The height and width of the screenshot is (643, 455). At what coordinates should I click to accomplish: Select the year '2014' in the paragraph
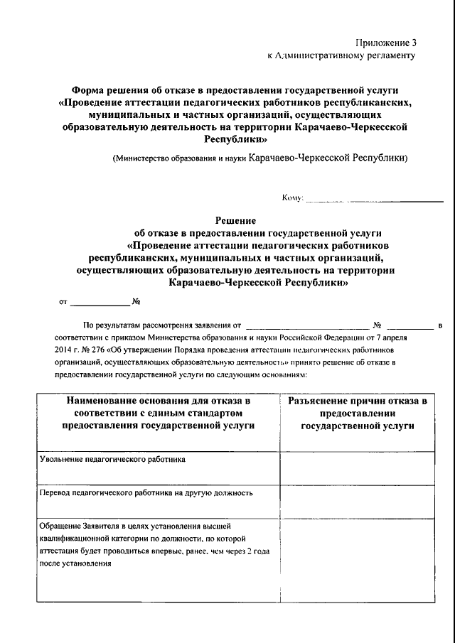64,350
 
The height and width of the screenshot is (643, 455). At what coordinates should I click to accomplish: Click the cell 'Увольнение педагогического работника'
113,459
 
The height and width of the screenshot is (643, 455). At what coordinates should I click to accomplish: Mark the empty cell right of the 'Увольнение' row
357,467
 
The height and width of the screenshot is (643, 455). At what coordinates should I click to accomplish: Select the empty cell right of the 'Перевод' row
357,502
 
